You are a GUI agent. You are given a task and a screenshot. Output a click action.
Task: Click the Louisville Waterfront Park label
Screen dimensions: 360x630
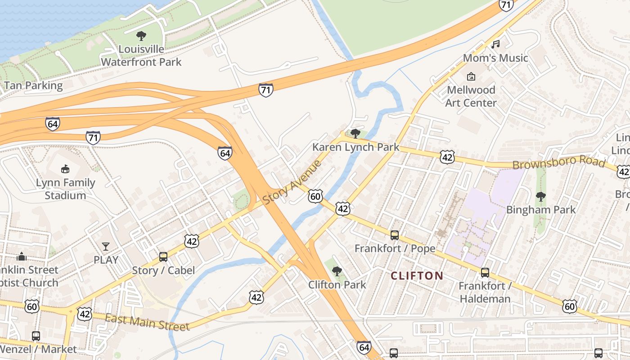coord(141,55)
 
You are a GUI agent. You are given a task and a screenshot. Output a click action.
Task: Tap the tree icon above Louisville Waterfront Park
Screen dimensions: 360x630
coord(141,36)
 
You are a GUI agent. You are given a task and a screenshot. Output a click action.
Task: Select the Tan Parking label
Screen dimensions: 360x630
coord(33,85)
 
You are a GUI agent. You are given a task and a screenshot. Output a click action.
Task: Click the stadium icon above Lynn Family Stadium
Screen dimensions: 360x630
coord(66,169)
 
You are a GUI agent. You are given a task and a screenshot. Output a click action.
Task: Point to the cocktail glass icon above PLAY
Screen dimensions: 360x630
coord(106,246)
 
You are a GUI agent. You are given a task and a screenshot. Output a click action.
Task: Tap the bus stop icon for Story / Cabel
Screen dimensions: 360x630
coord(163,257)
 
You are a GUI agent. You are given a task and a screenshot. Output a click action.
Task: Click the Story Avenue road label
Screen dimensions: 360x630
coord(292,181)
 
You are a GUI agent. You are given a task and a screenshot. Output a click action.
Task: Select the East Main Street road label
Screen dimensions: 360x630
coord(147,322)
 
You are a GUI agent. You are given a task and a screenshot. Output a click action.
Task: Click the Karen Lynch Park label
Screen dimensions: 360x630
coord(355,147)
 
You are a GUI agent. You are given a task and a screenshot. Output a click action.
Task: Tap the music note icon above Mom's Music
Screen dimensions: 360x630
coord(495,44)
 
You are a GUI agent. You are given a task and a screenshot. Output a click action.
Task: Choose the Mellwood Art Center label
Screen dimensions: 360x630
coord(471,96)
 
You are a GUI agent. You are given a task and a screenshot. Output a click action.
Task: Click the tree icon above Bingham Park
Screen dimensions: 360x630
coord(541,196)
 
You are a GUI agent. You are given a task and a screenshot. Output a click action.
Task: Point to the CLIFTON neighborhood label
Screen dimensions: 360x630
coord(417,275)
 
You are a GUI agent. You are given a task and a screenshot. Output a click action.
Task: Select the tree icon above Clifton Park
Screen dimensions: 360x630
coord(337,271)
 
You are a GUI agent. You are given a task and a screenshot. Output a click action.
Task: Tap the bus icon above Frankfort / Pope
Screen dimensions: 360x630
coord(395,235)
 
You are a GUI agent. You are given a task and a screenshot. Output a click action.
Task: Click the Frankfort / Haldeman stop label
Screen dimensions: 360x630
coord(485,292)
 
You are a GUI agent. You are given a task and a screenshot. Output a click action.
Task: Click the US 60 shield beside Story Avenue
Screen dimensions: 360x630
coord(315,196)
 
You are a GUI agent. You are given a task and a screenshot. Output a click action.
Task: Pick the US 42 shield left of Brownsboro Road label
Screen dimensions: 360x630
coord(447,157)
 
